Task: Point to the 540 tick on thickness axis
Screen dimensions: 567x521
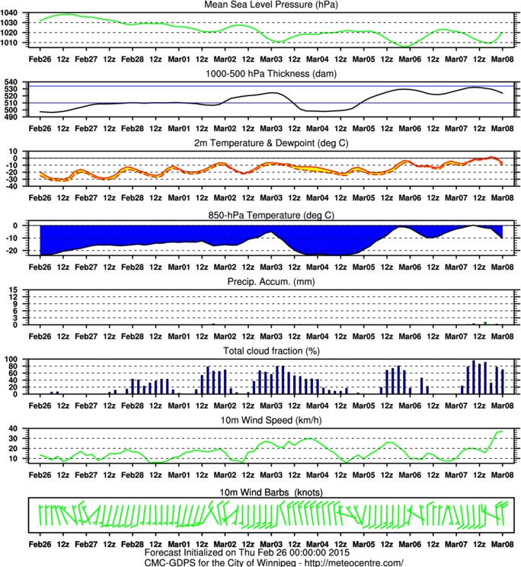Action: pyautogui.click(x=17, y=82)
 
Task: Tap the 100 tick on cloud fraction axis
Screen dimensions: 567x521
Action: pyautogui.click(x=17, y=358)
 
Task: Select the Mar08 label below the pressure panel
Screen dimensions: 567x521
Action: pyautogui.click(x=501, y=58)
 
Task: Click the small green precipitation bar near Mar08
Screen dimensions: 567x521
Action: pyautogui.click(x=484, y=323)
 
